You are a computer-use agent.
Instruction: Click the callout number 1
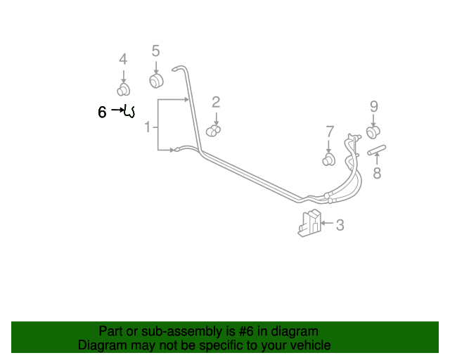(x=148, y=127)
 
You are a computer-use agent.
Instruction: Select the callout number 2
(x=216, y=103)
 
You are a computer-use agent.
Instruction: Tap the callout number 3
(x=340, y=225)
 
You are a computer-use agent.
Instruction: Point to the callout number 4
(x=123, y=60)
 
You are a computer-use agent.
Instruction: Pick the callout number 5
(x=155, y=51)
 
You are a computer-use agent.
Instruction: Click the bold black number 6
(x=102, y=112)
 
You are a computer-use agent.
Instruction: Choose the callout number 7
(x=330, y=131)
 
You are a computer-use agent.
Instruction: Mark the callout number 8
(x=377, y=173)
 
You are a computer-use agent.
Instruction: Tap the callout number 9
(x=373, y=106)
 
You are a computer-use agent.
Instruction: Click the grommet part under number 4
(x=124, y=90)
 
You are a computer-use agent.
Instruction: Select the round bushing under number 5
(x=156, y=81)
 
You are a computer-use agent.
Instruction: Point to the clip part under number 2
(x=213, y=131)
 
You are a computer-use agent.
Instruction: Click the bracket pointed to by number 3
(x=309, y=223)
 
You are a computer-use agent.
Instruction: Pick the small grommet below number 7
(x=329, y=160)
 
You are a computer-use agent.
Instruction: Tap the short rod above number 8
(x=377, y=150)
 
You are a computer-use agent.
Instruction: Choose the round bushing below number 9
(x=373, y=132)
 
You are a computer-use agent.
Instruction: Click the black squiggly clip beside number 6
(x=129, y=112)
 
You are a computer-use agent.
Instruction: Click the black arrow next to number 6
(x=117, y=110)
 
